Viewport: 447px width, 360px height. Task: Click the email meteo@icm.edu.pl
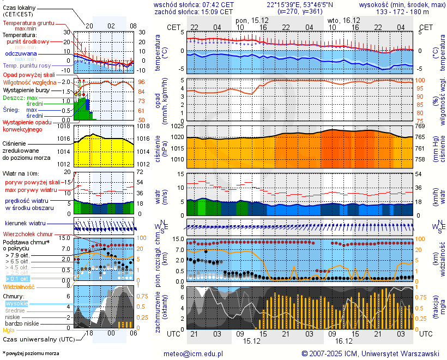pyautogui.click(x=194, y=353)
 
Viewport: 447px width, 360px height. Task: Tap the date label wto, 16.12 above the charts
pyautogui.click(x=341, y=20)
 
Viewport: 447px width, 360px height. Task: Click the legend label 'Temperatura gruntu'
pyautogui.click(x=29, y=23)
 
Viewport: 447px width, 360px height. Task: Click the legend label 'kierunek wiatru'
pyautogui.click(x=26, y=224)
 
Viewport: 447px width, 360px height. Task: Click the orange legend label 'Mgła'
pyautogui.click(x=9, y=330)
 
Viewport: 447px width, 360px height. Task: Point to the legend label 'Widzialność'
pyautogui.click(x=19, y=286)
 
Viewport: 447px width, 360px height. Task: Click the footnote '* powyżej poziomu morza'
pyautogui.click(x=31, y=353)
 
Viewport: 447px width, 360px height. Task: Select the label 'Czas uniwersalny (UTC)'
pyautogui.click(x=34, y=339)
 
